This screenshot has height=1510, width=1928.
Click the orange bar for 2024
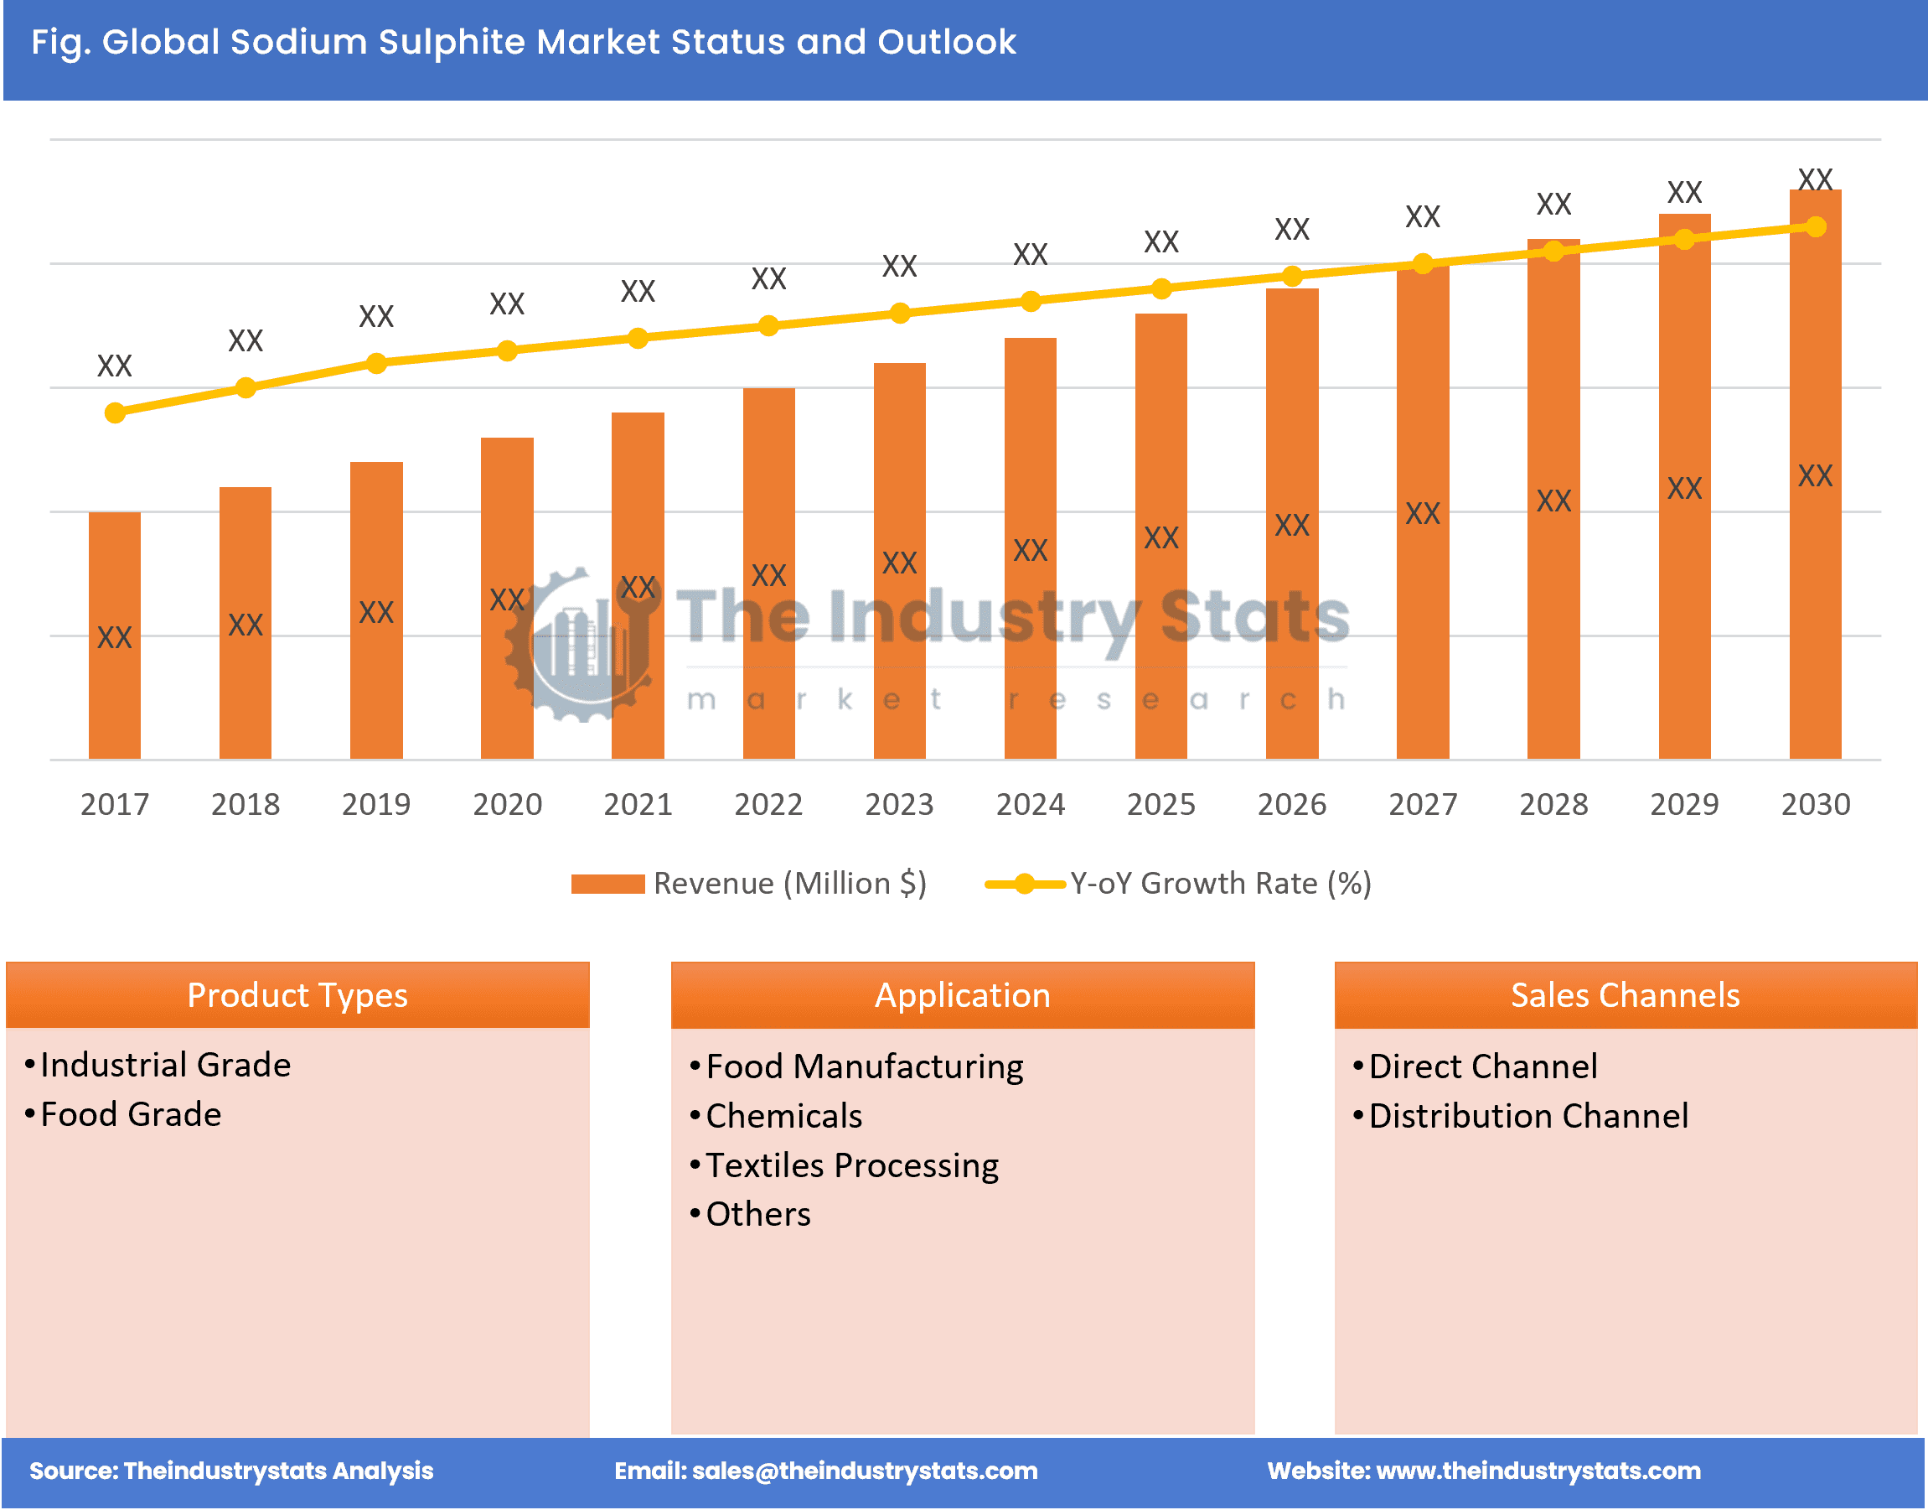1031,548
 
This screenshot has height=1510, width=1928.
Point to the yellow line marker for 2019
376,363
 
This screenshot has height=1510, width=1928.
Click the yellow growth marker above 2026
1292,277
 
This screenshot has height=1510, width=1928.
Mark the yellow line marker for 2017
115,413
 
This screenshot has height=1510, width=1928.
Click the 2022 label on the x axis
768,803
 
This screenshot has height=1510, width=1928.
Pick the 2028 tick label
1553,803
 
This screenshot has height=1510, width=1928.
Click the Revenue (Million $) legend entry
748,883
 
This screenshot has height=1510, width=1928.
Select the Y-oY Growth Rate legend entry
1178,883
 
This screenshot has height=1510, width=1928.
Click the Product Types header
297,994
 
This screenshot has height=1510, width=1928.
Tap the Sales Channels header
1625,994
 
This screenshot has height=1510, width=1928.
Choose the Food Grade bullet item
131,1114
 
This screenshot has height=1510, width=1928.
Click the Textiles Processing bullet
852,1165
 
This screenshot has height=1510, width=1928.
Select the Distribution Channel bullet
1527,1116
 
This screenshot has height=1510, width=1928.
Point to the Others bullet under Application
758,1214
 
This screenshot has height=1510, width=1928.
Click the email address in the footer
864,1471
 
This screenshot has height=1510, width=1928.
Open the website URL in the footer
1538,1471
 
